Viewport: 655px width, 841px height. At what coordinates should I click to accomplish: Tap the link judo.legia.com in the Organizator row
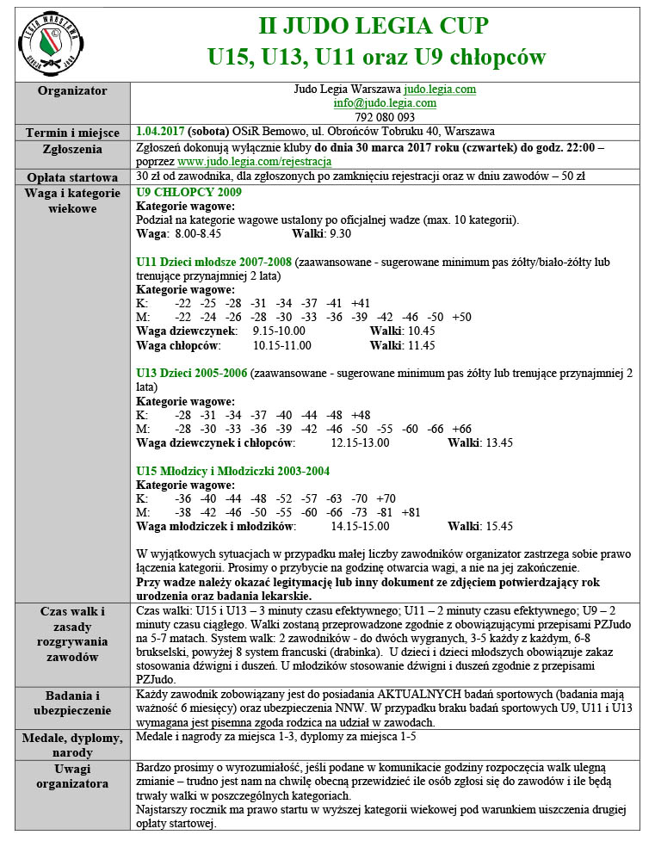point(440,90)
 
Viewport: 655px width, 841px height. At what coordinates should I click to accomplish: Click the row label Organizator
point(73,90)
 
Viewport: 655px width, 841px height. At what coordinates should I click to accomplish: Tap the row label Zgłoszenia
point(73,147)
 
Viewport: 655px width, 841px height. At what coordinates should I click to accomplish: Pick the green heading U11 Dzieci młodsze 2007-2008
point(214,261)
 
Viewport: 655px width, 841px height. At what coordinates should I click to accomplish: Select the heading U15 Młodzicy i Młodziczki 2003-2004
point(233,471)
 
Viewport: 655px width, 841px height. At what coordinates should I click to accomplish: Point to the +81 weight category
point(411,512)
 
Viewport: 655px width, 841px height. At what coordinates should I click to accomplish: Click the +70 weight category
point(386,498)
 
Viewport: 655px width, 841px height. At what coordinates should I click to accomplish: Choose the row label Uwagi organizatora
point(73,776)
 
